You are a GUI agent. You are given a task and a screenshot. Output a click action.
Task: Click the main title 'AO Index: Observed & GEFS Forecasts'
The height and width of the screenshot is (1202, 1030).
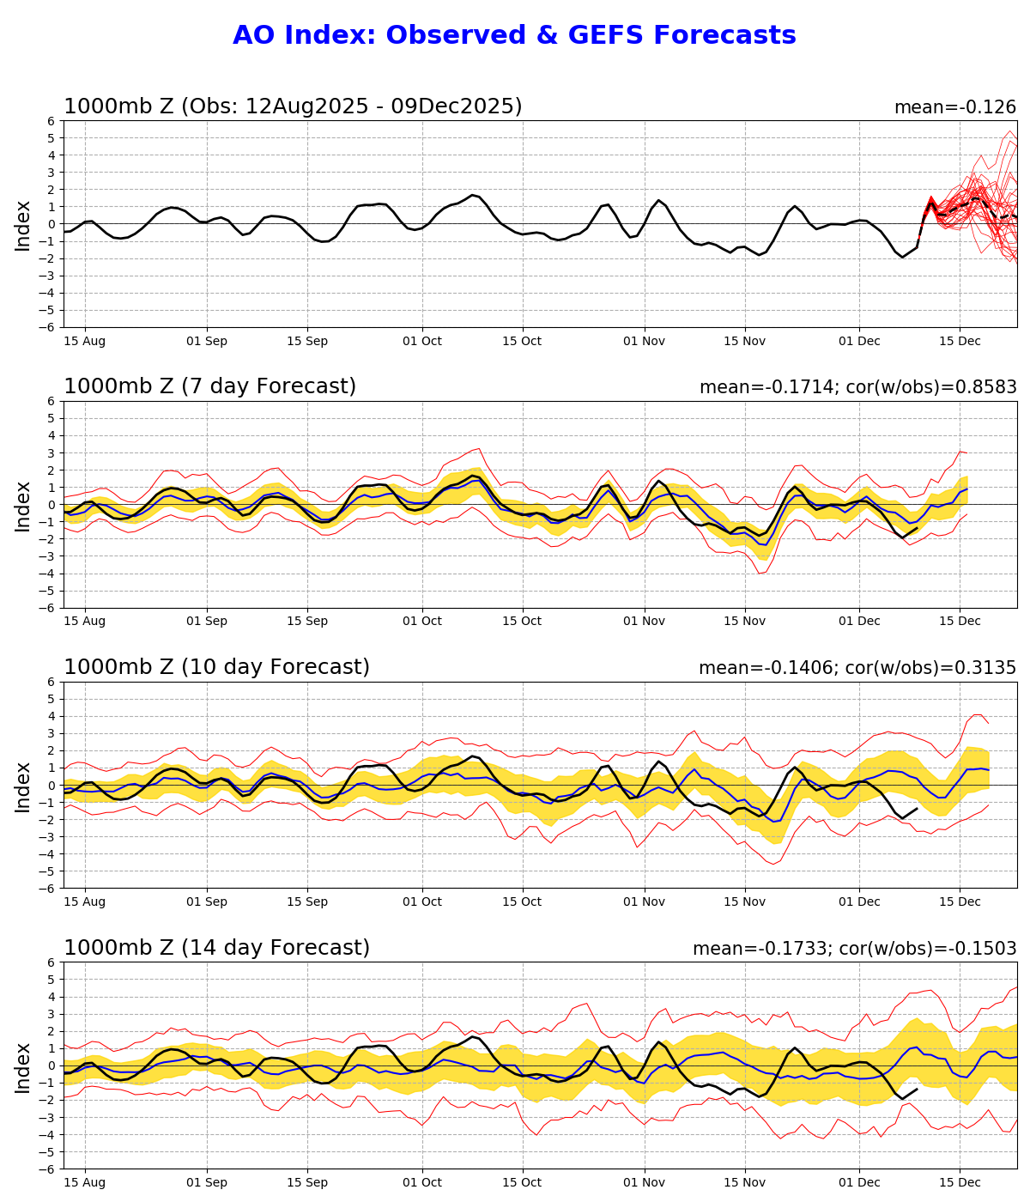514,36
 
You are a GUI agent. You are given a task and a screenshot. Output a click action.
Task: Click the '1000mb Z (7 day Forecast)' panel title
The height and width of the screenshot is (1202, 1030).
209,387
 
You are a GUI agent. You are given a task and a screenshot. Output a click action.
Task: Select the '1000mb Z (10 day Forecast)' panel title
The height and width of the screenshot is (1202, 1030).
216,668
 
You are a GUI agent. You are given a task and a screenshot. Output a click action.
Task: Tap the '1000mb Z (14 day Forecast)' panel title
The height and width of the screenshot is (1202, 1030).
216,948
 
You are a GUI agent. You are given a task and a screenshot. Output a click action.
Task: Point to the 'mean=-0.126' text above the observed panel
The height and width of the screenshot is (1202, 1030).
954,108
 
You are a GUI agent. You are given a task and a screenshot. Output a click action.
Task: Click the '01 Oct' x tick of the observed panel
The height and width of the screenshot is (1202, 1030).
421,341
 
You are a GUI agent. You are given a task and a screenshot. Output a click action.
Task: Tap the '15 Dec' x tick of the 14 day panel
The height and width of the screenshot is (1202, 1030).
960,1182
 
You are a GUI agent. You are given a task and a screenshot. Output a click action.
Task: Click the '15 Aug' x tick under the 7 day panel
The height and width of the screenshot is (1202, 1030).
85,622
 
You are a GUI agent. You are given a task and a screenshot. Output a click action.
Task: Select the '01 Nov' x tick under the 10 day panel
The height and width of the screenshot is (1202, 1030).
644,901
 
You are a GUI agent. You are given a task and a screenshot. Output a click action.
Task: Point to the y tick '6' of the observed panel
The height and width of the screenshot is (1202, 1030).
52,121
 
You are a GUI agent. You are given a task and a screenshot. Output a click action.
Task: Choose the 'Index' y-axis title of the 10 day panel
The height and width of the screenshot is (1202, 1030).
23,786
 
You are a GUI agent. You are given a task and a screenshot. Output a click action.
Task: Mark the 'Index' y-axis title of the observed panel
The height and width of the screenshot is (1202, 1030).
23,225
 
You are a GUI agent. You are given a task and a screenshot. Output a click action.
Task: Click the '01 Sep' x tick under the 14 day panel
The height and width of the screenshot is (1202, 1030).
207,1182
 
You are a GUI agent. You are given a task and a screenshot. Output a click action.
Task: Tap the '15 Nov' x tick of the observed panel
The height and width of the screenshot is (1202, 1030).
744,341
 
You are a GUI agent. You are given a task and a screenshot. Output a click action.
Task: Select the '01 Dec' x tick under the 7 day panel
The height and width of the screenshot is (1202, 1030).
859,622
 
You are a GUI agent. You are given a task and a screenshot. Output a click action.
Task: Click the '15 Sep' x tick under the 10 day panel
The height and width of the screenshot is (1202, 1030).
307,901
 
